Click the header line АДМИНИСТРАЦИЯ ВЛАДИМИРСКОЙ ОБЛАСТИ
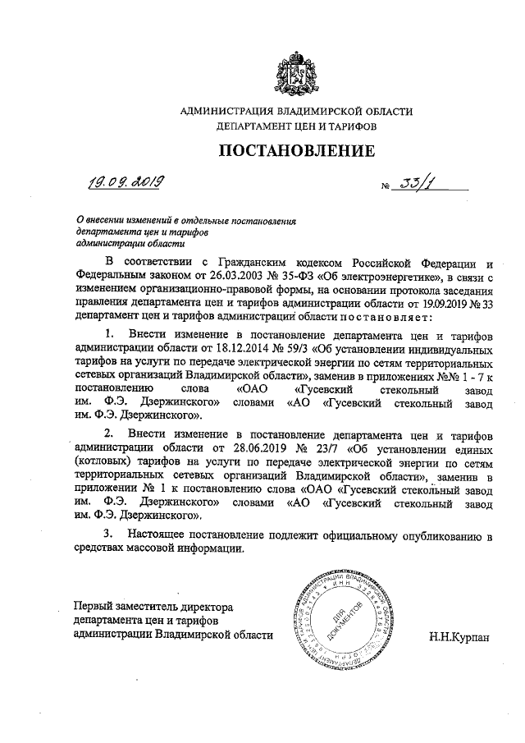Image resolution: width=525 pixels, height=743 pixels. (296, 112)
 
